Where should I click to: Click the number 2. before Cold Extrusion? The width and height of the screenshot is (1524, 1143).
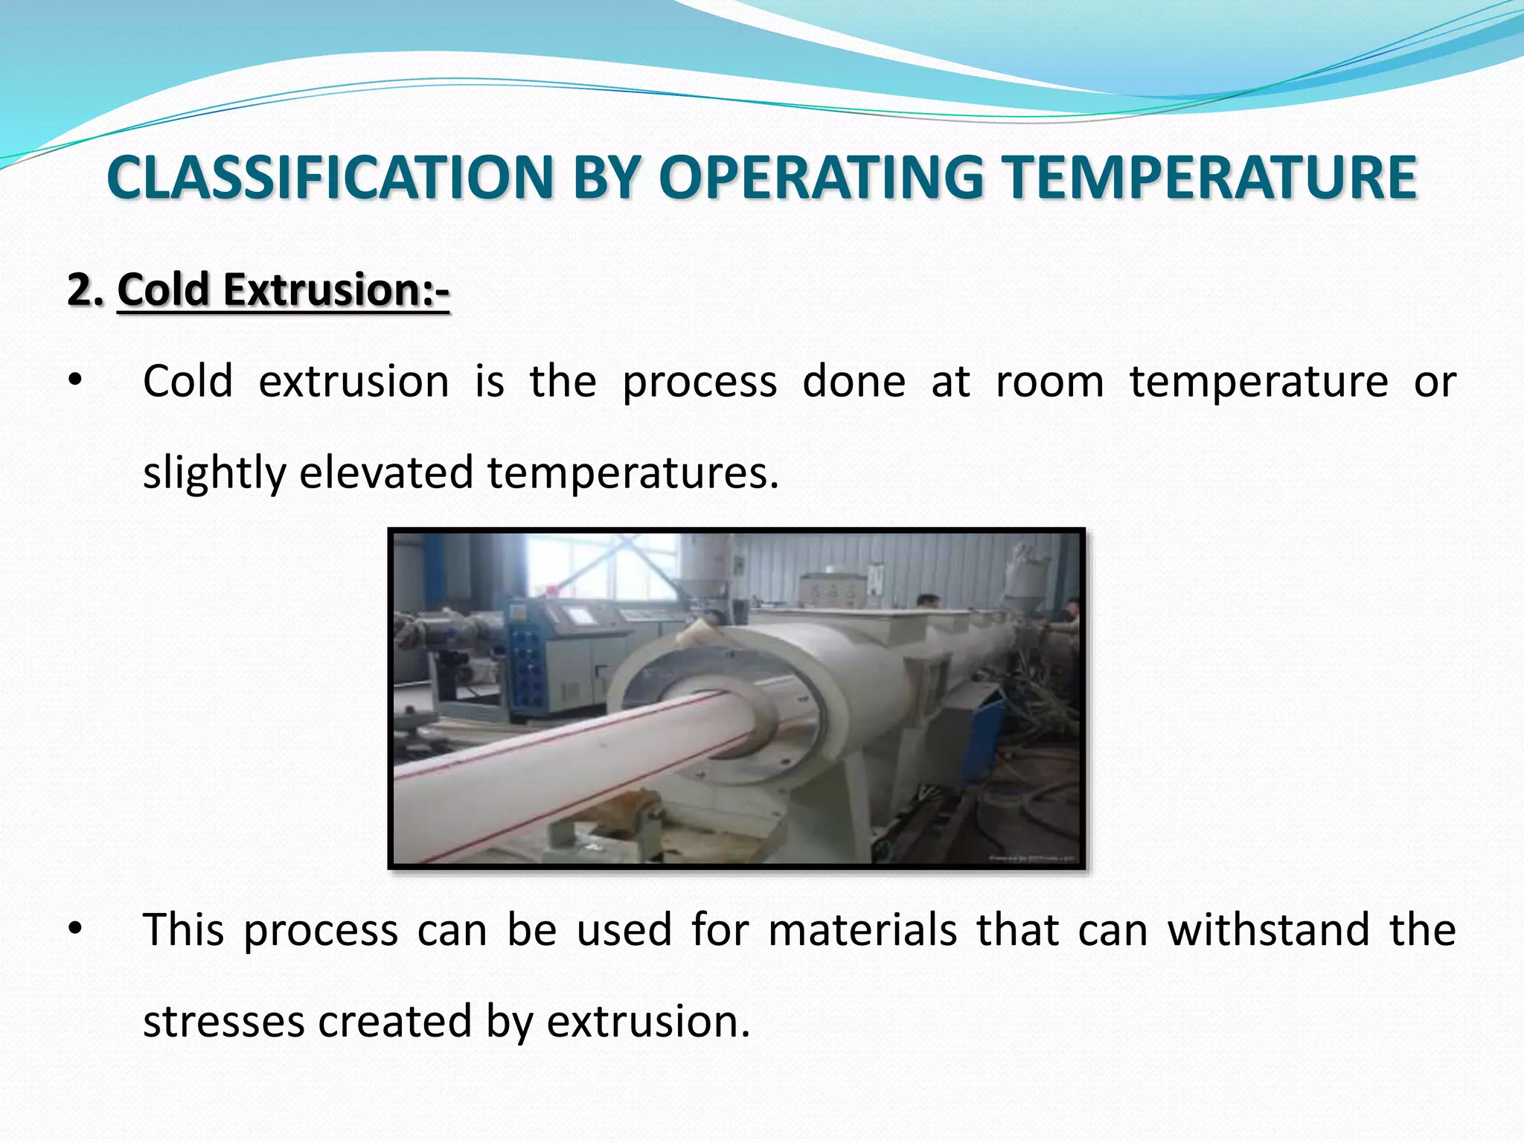click(85, 289)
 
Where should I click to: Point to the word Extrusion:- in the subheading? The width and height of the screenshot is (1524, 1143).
click(336, 289)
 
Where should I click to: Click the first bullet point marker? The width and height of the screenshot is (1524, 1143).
click(74, 382)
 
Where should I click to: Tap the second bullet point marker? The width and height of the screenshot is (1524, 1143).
click(74, 930)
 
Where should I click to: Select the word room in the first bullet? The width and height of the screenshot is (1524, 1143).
click(1049, 382)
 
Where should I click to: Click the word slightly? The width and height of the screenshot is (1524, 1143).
click(214, 473)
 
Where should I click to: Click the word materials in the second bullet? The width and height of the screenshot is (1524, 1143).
click(862, 930)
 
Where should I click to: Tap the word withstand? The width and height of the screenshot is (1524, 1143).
click(1268, 930)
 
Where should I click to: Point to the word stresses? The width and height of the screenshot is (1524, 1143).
click(223, 1021)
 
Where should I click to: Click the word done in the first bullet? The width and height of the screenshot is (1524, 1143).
click(854, 382)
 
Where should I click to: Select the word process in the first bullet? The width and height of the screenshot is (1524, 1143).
click(699, 382)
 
